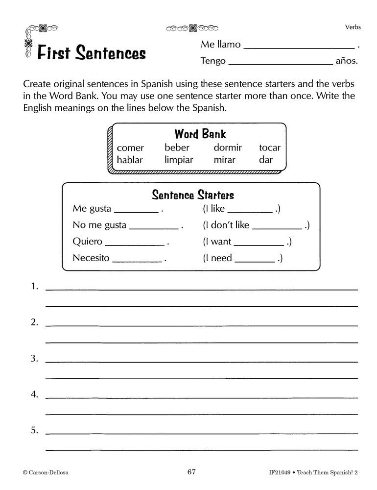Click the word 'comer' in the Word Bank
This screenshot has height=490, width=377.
[x=130, y=148]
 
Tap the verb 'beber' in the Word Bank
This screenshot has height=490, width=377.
[x=177, y=147]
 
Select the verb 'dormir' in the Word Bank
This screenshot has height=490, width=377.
[x=228, y=147]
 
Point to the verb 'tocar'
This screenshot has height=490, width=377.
[x=270, y=147]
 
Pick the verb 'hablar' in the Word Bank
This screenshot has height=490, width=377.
[x=131, y=160]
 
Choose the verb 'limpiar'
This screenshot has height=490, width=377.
[x=179, y=160]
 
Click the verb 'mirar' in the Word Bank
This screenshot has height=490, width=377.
[x=224, y=160]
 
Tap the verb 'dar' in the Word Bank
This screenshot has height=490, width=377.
[x=266, y=160]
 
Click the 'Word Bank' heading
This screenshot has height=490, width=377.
[x=200, y=134]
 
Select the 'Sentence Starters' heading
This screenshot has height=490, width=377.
[x=193, y=195]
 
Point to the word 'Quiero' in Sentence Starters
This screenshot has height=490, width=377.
[x=87, y=242]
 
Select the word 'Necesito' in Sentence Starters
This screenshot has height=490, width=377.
[x=91, y=258]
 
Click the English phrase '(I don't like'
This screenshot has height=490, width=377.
[x=226, y=225]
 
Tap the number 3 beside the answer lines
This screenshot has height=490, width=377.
[x=34, y=359]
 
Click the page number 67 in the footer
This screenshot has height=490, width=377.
[x=191, y=472]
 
